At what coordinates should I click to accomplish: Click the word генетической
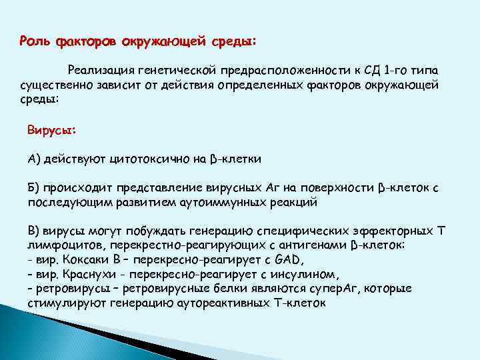tap(177, 70)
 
